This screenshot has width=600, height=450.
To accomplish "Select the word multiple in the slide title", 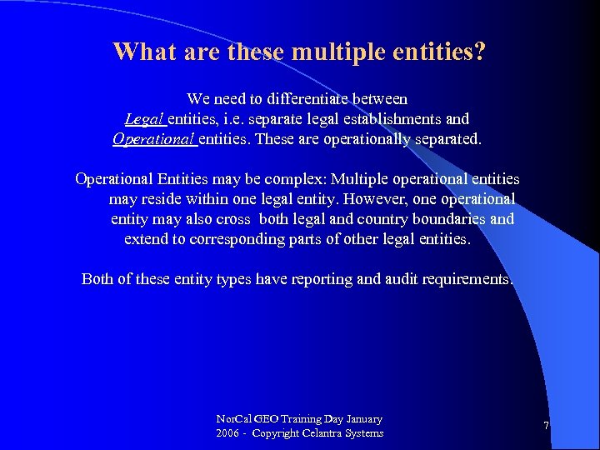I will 342,52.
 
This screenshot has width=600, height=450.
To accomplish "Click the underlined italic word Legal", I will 144,119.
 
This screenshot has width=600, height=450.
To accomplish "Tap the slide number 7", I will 546,426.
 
